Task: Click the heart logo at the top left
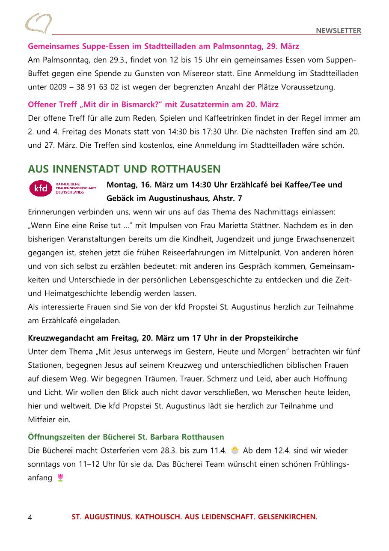click(38, 23)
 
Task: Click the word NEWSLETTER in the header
click(339, 30)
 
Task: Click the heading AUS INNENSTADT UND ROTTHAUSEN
click(124, 169)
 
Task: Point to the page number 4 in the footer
click(30, 517)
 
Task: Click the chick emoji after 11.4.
click(235, 450)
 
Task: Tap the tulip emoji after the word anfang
click(60, 477)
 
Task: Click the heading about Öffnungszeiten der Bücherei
click(126, 437)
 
